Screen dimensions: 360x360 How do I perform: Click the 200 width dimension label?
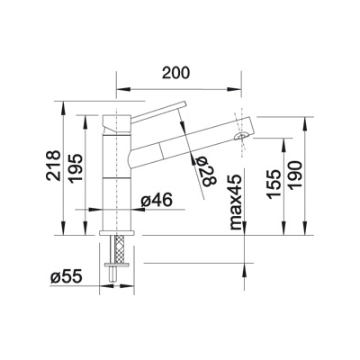tap(176, 73)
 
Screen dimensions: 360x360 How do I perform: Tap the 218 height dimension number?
tap(53, 166)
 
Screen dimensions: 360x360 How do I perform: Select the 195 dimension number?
tap(75, 168)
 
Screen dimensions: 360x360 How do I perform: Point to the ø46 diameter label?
tap(157, 200)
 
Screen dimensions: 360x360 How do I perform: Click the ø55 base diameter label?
tap(66, 276)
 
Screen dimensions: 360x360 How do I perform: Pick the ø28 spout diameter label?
tap(209, 172)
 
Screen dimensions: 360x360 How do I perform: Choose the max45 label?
tap(236, 202)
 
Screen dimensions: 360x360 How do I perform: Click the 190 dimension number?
tap(294, 175)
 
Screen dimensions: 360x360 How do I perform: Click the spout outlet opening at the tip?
tap(241, 136)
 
